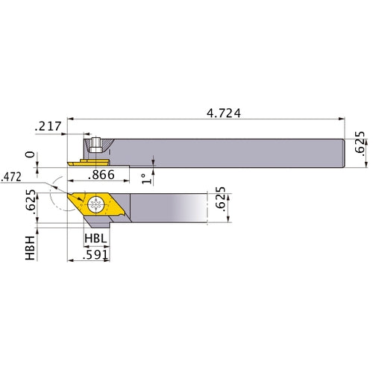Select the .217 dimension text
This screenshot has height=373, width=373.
[47, 128]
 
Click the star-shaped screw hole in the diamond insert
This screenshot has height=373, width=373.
[96, 204]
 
